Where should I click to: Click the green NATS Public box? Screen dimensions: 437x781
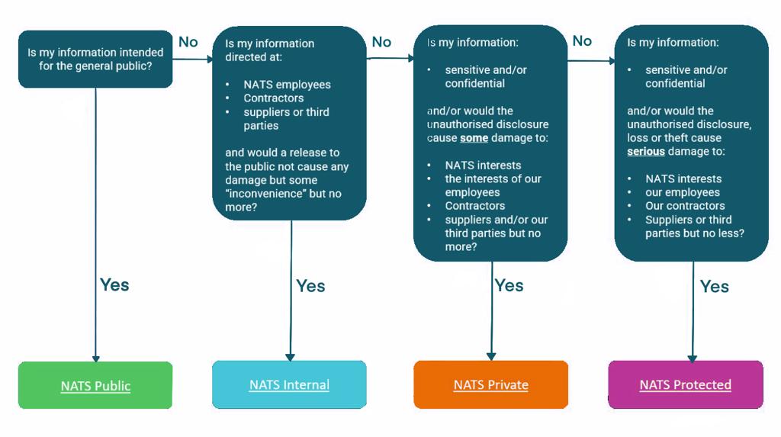95,385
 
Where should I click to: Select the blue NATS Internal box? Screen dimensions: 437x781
289,384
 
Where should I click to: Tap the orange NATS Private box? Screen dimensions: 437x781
490,384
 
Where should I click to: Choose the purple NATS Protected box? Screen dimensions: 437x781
685,384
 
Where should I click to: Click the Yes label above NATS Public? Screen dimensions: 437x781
114,284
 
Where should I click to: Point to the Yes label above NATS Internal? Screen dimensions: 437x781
310,285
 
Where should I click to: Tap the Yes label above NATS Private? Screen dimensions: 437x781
509,285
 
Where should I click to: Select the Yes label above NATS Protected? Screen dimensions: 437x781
715,286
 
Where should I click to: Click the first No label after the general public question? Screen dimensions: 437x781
188,41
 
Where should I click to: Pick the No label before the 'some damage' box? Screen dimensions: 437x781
381,42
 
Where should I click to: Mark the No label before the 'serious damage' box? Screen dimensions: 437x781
582,41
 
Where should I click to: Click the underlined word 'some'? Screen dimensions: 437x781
474,138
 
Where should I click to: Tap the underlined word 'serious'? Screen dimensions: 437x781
646,152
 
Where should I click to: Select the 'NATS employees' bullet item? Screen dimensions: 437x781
287,85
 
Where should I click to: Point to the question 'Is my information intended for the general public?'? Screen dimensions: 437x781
95,59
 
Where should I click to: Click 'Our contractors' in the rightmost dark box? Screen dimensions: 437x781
685,206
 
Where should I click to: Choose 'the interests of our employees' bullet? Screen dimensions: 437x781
493,185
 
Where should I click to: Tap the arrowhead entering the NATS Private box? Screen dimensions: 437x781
491,355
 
